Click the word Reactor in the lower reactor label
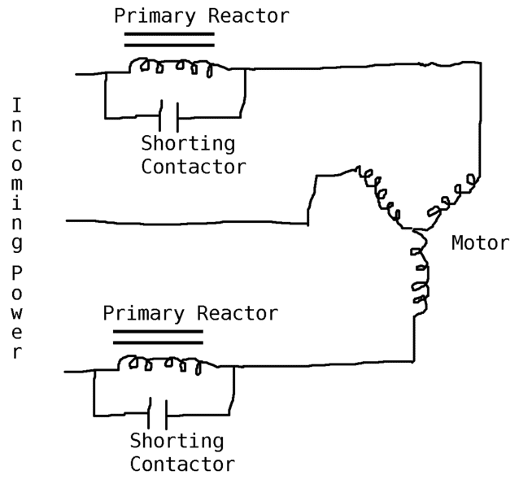pos(238,313)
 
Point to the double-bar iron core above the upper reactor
pos(169,40)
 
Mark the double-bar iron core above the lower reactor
pos(158,337)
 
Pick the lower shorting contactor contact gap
pos(157,415)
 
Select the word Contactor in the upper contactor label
pos(194,167)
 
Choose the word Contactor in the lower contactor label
pos(182,464)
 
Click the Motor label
pos(480,243)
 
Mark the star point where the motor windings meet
pos(415,227)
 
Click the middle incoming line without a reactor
pos(187,220)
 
